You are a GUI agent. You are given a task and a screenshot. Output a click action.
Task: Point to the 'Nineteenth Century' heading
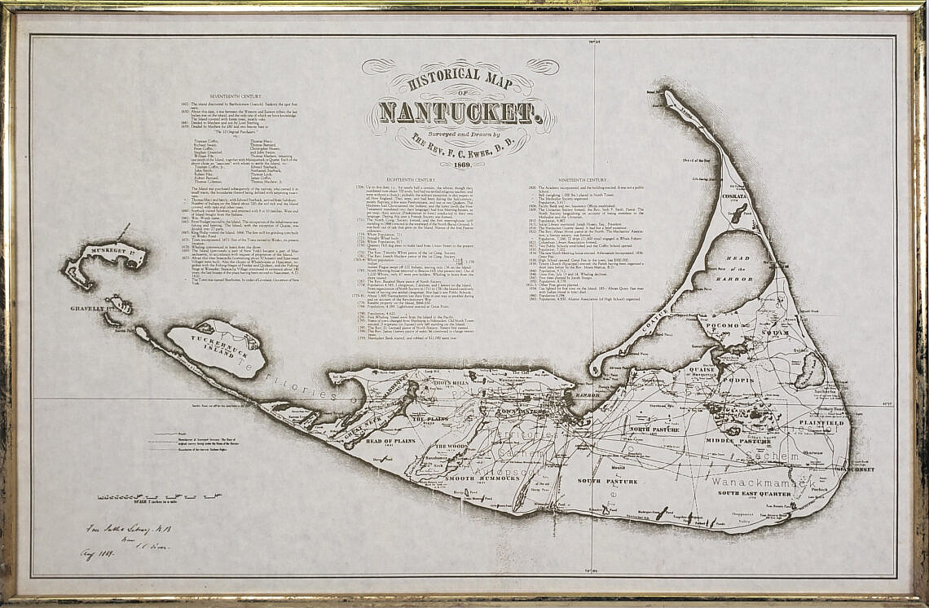tap(583, 179)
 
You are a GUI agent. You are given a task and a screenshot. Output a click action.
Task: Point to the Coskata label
tap(733, 196)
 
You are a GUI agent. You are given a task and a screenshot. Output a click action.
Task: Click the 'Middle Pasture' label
tap(731, 441)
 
